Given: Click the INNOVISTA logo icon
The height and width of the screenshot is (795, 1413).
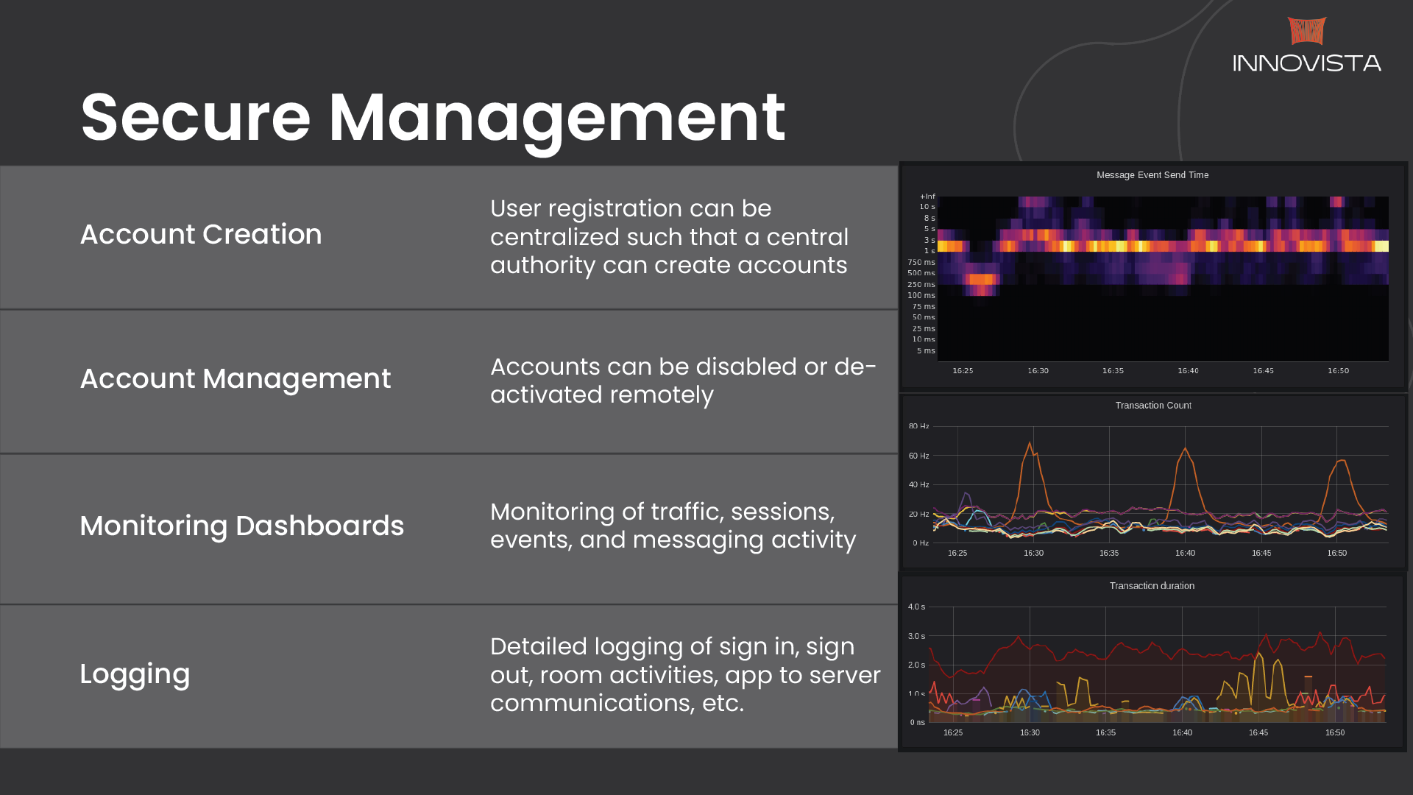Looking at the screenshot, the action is pyautogui.click(x=1307, y=31).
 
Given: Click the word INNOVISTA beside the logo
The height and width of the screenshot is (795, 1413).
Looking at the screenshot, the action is pyautogui.click(x=1307, y=63).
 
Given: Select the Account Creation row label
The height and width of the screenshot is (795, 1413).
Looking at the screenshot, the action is pyautogui.click(x=201, y=234).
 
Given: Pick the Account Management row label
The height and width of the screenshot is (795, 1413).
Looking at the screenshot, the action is pyautogui.click(x=235, y=378).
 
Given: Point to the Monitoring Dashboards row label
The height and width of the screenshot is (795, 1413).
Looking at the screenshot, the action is pyautogui.click(x=242, y=526).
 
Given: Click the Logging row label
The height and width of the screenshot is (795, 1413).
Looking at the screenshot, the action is pyautogui.click(x=135, y=674).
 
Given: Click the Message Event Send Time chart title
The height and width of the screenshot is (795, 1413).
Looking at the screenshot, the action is pyautogui.click(x=1152, y=175).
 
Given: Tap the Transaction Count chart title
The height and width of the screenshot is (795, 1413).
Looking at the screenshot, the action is pyautogui.click(x=1153, y=406).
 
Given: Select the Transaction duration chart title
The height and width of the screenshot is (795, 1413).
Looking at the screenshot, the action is pyautogui.click(x=1152, y=586).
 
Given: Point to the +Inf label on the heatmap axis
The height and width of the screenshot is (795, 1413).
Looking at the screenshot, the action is pyautogui.click(x=927, y=197).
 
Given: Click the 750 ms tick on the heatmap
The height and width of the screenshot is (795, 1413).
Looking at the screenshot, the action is pyautogui.click(x=921, y=262).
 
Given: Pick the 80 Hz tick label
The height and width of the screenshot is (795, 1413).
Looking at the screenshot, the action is pyautogui.click(x=918, y=426).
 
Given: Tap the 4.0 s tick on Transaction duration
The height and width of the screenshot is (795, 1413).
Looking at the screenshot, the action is pyautogui.click(x=916, y=607).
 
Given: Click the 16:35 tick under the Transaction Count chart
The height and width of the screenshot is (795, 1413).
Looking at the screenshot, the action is pyautogui.click(x=1109, y=553).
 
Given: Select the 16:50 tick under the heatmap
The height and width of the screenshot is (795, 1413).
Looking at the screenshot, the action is pyautogui.click(x=1338, y=371).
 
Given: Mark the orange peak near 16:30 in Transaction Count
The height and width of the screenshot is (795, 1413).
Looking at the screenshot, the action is pyautogui.click(x=1030, y=443).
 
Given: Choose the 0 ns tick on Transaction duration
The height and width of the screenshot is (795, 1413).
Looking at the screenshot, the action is pyautogui.click(x=917, y=723).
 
